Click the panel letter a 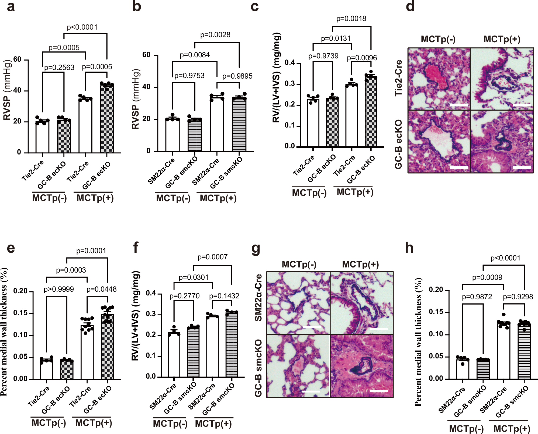pyautogui.click(x=11, y=7)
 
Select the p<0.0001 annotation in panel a pyautogui.click(x=82, y=27)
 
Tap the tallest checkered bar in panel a pyautogui.click(x=107, y=118)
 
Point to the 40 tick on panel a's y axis pyautogui.click(x=17, y=90)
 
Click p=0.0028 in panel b pyautogui.click(x=215, y=35)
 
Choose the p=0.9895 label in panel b pyautogui.click(x=237, y=76)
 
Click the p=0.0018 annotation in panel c pyautogui.click(x=351, y=19)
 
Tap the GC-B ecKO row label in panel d pyautogui.click(x=398, y=144)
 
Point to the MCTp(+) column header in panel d pyautogui.click(x=502, y=39)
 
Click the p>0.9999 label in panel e pyautogui.click(x=58, y=289)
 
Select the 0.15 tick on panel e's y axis pyautogui.click(x=20, y=313)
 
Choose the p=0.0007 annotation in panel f pyautogui.click(x=212, y=257)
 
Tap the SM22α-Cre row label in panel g pyautogui.click(x=258, y=298)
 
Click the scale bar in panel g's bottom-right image pyautogui.click(x=379, y=391)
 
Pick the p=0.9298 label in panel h pyautogui.click(x=518, y=297)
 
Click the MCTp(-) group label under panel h pyautogui.click(x=466, y=428)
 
